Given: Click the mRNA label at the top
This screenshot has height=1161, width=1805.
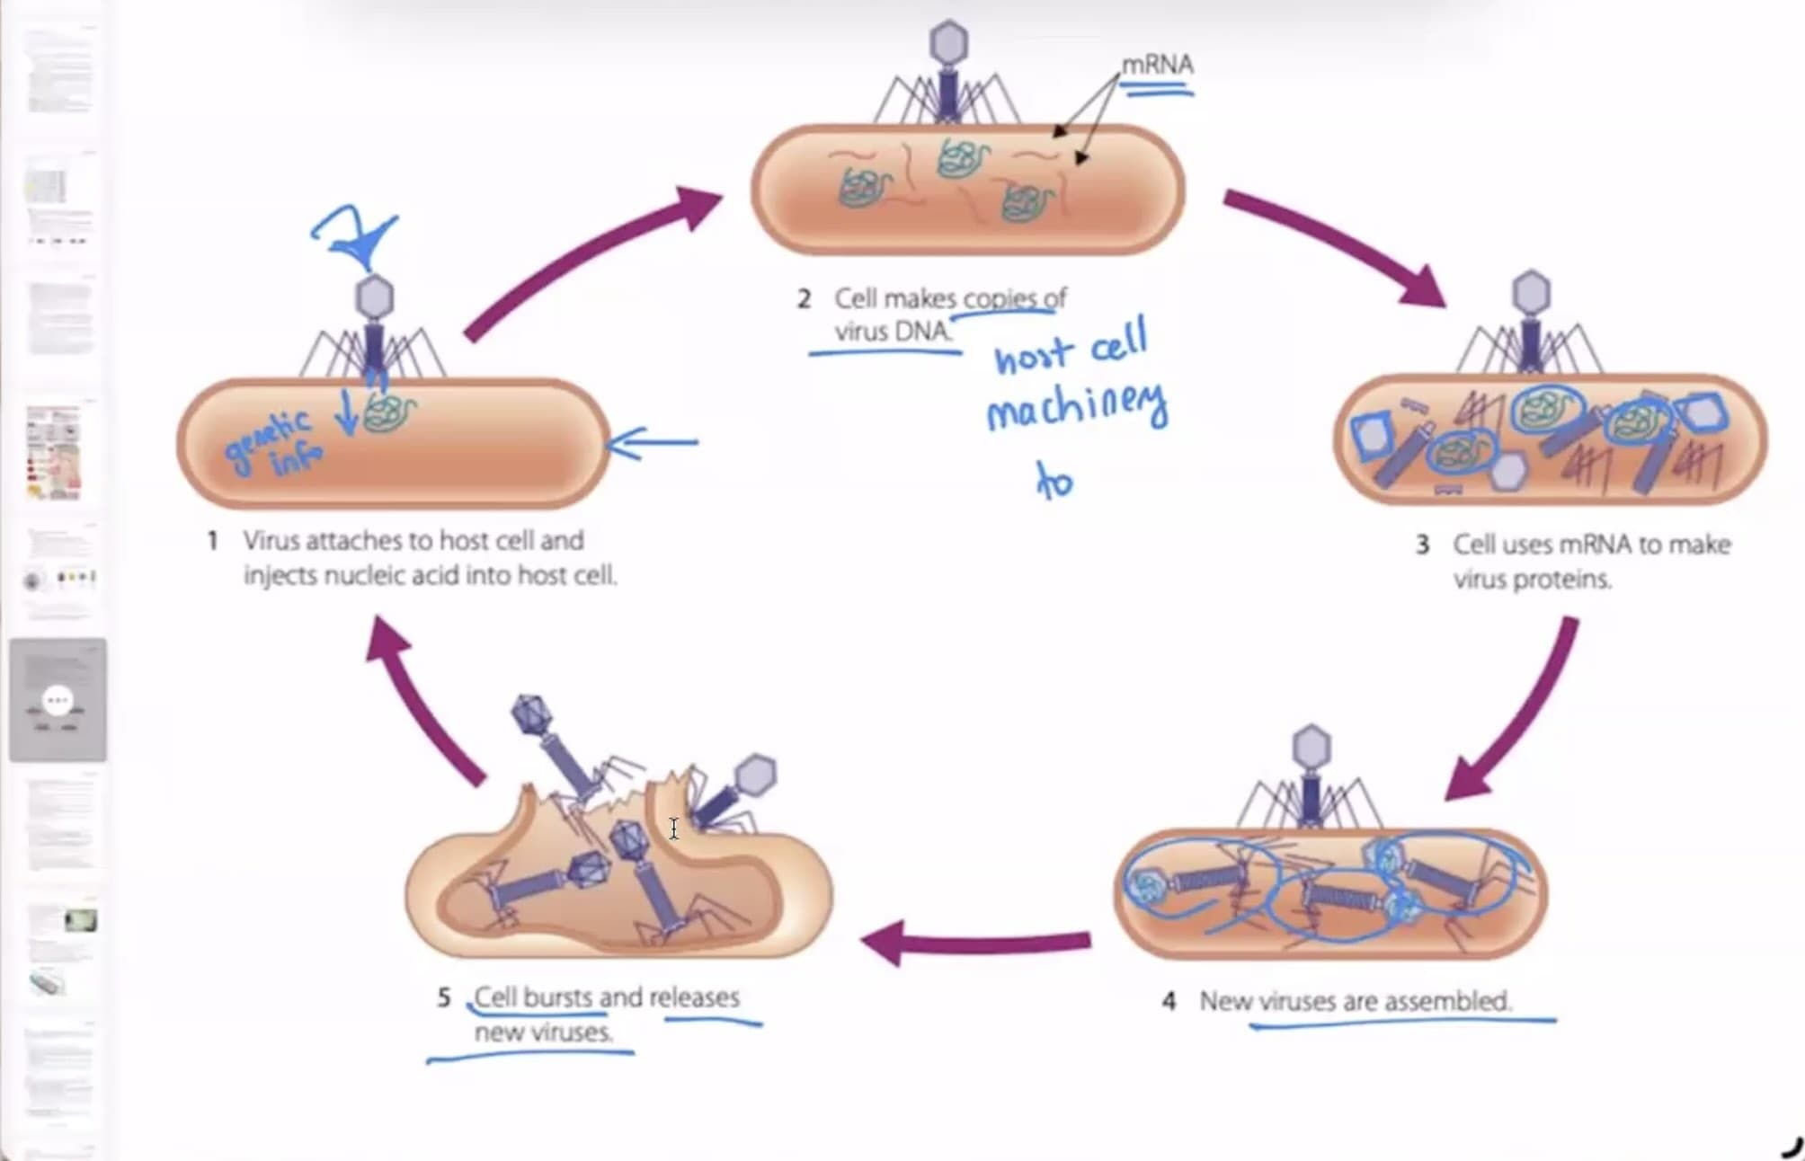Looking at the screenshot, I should pos(1157,66).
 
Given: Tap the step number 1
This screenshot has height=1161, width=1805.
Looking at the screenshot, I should pos(212,541).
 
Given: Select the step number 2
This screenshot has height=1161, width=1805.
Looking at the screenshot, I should pos(804,298).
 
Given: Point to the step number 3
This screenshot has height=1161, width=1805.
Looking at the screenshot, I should pos(1422,545).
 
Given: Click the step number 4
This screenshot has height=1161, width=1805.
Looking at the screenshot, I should pos(1168,1001).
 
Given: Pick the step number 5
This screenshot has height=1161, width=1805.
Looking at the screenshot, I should pos(443,997).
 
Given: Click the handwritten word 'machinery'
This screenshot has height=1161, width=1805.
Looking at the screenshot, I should pos(1077,410).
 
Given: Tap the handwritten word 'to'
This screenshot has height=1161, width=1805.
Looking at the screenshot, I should pos(1054,481).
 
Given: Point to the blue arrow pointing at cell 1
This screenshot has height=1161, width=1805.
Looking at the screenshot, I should pos(654,442).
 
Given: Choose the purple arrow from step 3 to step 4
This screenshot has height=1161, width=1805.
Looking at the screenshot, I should pos(1519,710).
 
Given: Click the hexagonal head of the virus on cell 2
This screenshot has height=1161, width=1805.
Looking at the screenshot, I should pos(948,42).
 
